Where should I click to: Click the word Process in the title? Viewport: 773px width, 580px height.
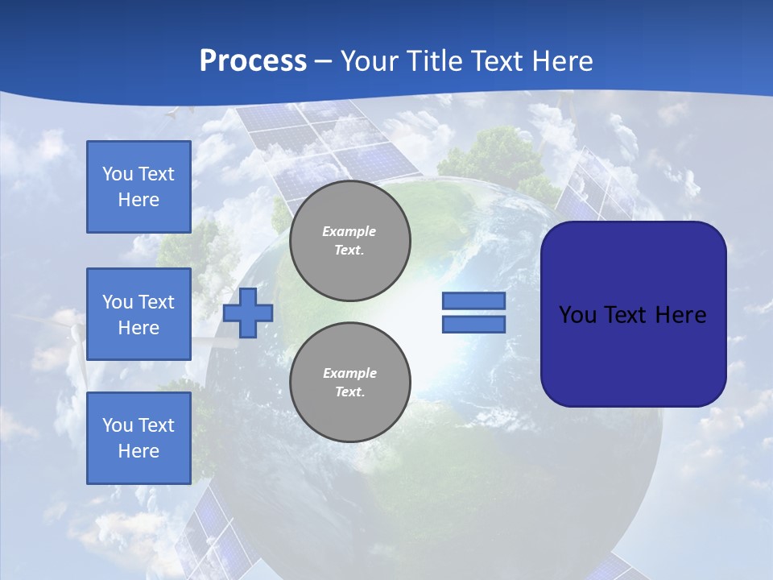[253, 61]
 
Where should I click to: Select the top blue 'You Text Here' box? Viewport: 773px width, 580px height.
[138, 187]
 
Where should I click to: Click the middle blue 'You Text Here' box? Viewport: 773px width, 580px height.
[138, 314]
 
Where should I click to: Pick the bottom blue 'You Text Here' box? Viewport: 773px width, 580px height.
[138, 438]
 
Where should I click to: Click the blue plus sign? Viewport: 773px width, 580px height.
[248, 313]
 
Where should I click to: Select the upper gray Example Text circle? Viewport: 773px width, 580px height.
[350, 241]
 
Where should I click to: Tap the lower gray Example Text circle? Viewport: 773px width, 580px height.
[350, 383]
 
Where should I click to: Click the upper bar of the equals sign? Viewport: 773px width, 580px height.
[473, 300]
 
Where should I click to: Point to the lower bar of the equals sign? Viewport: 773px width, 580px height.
[473, 325]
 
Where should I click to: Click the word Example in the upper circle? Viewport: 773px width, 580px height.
[349, 231]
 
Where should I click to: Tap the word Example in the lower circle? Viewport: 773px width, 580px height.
[349, 373]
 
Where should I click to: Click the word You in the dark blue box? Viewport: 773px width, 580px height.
[578, 315]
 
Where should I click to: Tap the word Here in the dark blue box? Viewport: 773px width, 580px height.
[681, 315]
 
